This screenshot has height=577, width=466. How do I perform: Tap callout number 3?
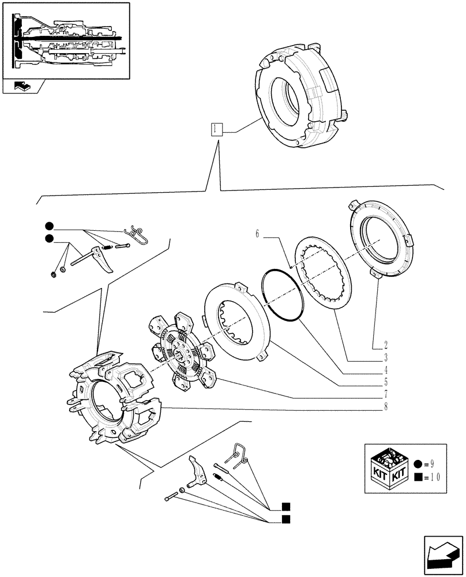click(x=385, y=358)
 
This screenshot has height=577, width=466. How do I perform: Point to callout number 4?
click(x=385, y=370)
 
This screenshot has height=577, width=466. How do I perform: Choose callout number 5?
click(x=385, y=382)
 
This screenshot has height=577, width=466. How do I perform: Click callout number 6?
click(x=257, y=234)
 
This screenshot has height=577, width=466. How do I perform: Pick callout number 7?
click(x=385, y=394)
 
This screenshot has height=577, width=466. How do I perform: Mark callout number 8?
click(x=385, y=407)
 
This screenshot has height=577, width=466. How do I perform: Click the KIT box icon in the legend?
click(x=388, y=468)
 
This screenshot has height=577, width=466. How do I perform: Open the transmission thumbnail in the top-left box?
click(x=66, y=40)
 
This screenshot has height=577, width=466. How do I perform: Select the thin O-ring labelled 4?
click(x=282, y=295)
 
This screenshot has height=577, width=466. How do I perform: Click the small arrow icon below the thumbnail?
click(x=22, y=87)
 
